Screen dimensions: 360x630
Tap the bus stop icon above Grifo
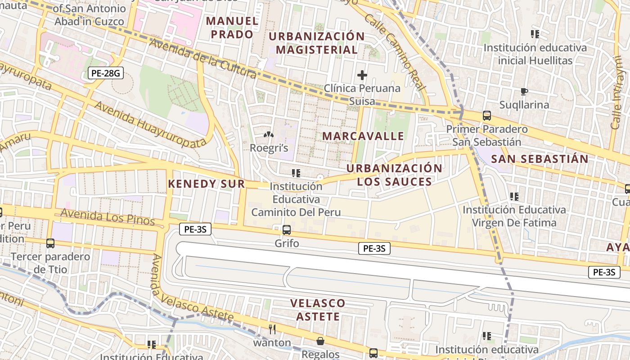[x=287, y=230]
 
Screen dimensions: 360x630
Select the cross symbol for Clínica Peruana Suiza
[x=362, y=75]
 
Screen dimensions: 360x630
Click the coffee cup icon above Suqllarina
[x=524, y=92]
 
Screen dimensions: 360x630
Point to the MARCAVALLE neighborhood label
[x=363, y=136]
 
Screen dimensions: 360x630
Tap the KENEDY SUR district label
[x=206, y=184]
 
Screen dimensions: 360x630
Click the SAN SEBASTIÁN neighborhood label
[x=540, y=159]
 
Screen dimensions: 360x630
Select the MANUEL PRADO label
[x=232, y=27]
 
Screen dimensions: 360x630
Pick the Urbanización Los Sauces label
[x=395, y=175]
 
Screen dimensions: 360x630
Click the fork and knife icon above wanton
[x=272, y=329]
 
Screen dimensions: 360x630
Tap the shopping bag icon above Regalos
[x=320, y=341]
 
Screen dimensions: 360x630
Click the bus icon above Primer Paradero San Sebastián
[x=487, y=116]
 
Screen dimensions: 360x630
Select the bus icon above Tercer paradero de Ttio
[x=50, y=243]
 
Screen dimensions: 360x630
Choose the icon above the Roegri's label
[x=269, y=135]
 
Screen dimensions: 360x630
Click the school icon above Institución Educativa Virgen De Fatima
[x=514, y=197]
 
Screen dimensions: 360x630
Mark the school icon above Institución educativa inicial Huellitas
[x=535, y=34]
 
